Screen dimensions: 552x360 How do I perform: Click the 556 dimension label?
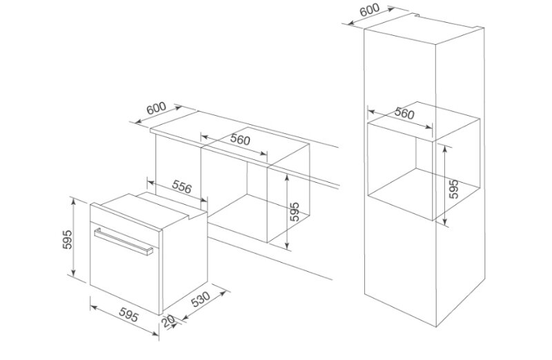(181, 186)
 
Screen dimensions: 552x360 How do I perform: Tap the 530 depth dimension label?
(201, 299)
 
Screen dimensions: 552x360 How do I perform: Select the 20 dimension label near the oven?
(169, 321)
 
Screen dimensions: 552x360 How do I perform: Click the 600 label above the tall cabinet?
(370, 10)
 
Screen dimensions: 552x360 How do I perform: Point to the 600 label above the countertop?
(157, 108)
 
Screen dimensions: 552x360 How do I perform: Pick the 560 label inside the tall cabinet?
(404, 112)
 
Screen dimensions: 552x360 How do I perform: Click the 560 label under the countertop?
(240, 139)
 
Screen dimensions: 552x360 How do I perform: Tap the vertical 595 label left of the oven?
(67, 239)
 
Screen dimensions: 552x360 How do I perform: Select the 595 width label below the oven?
(128, 314)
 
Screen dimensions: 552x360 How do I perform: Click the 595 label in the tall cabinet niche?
(454, 189)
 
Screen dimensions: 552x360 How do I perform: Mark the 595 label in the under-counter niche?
(295, 212)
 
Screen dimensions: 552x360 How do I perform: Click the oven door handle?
(124, 241)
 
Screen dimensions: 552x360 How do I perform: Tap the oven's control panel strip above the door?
(125, 218)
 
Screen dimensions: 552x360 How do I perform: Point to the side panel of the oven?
(184, 262)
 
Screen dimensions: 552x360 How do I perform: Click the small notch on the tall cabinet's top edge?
(417, 14)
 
